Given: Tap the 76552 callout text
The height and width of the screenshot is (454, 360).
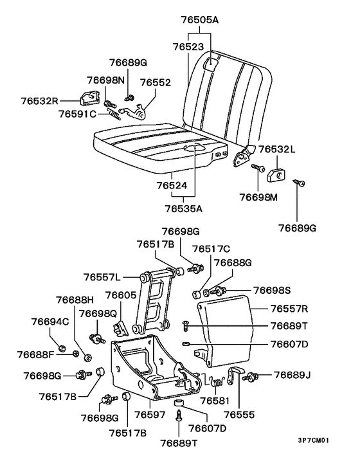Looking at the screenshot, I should [x=156, y=83].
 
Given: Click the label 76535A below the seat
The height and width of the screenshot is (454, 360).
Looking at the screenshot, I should [x=183, y=208].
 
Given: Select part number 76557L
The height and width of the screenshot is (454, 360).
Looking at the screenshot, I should [x=102, y=277].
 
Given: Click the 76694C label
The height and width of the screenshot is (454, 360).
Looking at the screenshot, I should [x=50, y=322].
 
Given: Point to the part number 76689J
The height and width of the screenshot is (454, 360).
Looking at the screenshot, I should [x=292, y=374].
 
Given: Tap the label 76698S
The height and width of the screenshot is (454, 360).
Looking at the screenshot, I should [x=272, y=290].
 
